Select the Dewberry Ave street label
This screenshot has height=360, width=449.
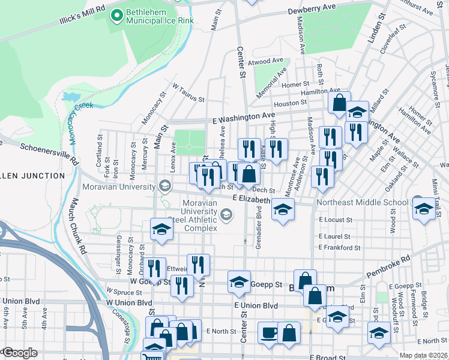click(x=312, y=8)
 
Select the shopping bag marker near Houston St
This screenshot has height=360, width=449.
click(x=339, y=103)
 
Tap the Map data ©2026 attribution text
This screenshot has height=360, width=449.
click(x=423, y=355)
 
